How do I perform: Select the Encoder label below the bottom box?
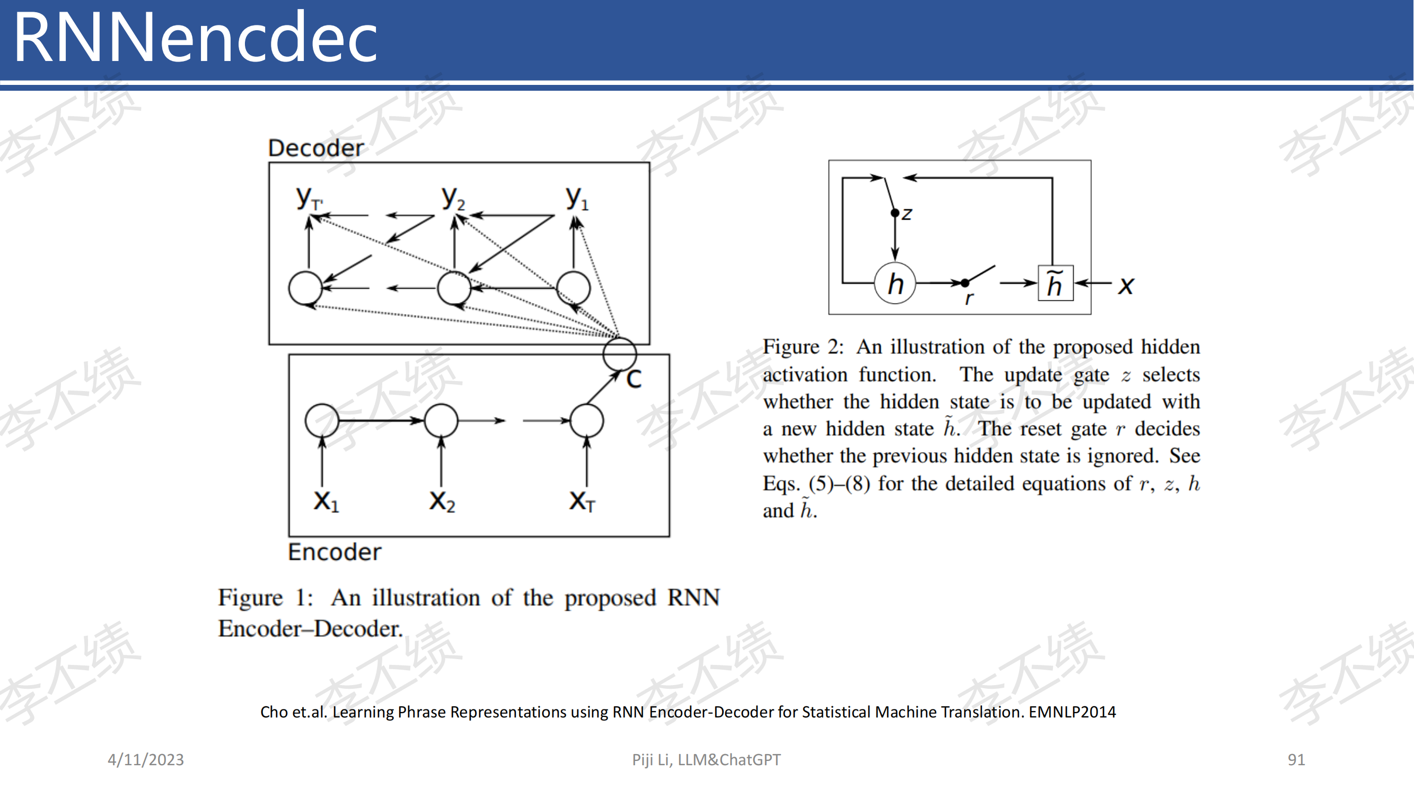(x=335, y=551)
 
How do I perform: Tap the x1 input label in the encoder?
(x=326, y=501)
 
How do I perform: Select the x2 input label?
(x=442, y=501)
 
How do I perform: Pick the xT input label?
(x=582, y=501)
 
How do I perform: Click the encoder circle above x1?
(x=322, y=421)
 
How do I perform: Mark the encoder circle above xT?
(x=587, y=421)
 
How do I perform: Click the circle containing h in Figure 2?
(x=895, y=283)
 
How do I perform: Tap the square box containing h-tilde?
(x=1056, y=283)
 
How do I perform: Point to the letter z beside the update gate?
(x=907, y=214)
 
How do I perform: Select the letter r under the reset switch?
(x=969, y=298)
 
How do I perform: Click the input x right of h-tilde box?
(x=1126, y=285)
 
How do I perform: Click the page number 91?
(x=1296, y=759)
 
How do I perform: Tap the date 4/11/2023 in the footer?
(x=145, y=759)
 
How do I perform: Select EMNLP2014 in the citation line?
(x=1072, y=712)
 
